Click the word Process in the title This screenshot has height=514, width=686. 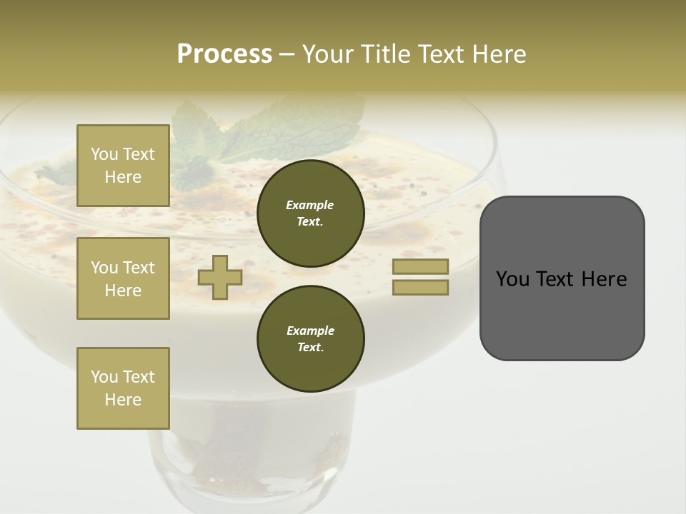(224, 54)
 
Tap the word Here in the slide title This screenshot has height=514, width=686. (498, 54)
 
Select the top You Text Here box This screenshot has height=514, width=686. (123, 166)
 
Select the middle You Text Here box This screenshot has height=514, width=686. (123, 278)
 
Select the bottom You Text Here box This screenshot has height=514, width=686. (123, 388)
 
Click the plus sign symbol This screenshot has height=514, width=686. (220, 277)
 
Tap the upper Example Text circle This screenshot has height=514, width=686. (311, 213)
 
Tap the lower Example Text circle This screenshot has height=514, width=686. (311, 339)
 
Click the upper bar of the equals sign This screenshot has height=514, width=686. (420, 266)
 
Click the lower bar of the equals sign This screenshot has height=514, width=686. (420, 288)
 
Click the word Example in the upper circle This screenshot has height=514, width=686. (309, 205)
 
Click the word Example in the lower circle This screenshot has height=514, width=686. (310, 331)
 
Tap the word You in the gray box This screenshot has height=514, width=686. (513, 279)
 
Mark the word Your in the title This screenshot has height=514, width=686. (328, 54)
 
